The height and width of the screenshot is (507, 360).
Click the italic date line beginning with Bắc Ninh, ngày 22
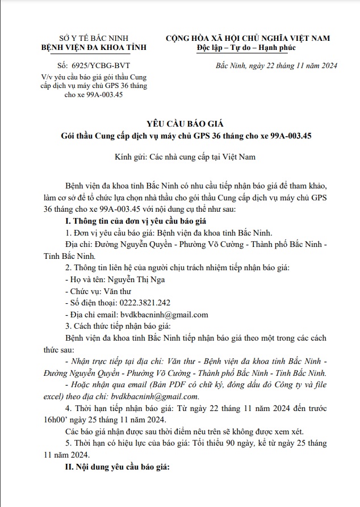(277, 65)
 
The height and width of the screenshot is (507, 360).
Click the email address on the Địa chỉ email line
(164, 315)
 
